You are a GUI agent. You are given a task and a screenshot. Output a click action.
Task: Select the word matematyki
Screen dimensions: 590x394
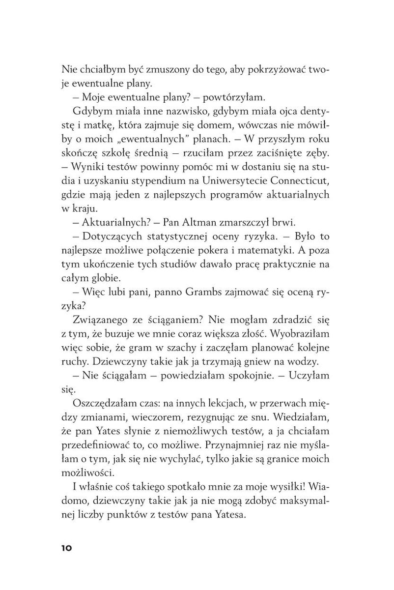(279, 249)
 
